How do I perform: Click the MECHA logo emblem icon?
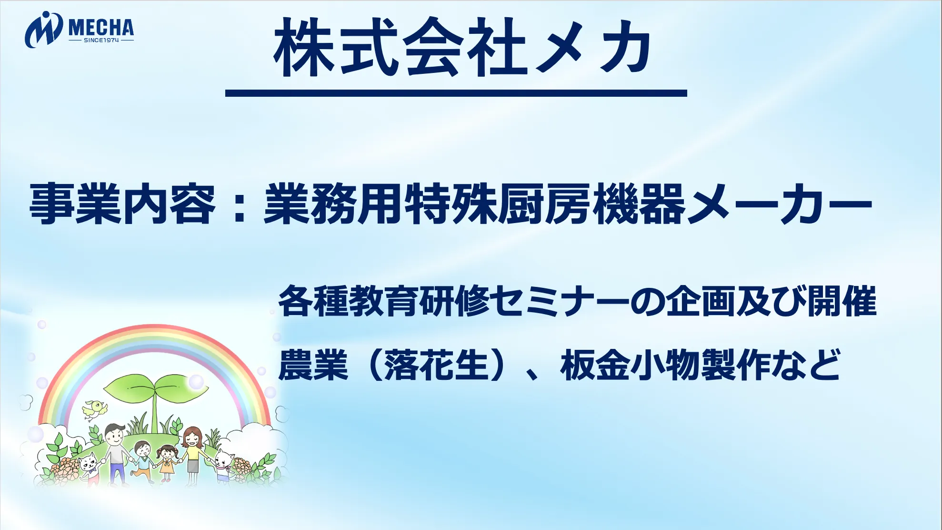[x=43, y=30]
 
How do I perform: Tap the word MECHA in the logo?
[x=101, y=28]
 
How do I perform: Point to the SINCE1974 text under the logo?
[x=101, y=40]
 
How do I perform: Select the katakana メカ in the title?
[x=593, y=48]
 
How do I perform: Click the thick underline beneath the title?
[x=456, y=93]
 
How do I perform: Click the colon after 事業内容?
[x=240, y=205]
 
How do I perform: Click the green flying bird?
[x=95, y=410]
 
